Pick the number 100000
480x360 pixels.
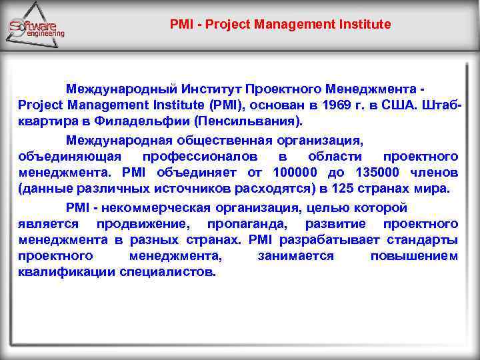point(295,173)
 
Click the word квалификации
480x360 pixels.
point(67,272)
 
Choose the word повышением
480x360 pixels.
point(414,256)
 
